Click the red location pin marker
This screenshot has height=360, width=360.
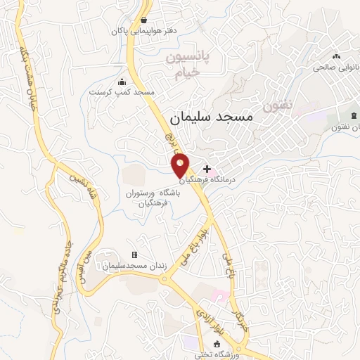tap(181, 165)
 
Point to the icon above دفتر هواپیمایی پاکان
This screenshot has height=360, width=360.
tap(144, 20)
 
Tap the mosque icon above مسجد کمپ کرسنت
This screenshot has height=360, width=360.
tap(123, 81)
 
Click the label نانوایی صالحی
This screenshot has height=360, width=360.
tap(336, 67)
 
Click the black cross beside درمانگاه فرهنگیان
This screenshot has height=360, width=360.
tap(207, 169)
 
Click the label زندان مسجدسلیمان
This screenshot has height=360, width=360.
tap(134, 266)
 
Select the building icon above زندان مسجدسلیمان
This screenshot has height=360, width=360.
tap(134, 255)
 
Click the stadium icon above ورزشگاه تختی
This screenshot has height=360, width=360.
tap(217, 344)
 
